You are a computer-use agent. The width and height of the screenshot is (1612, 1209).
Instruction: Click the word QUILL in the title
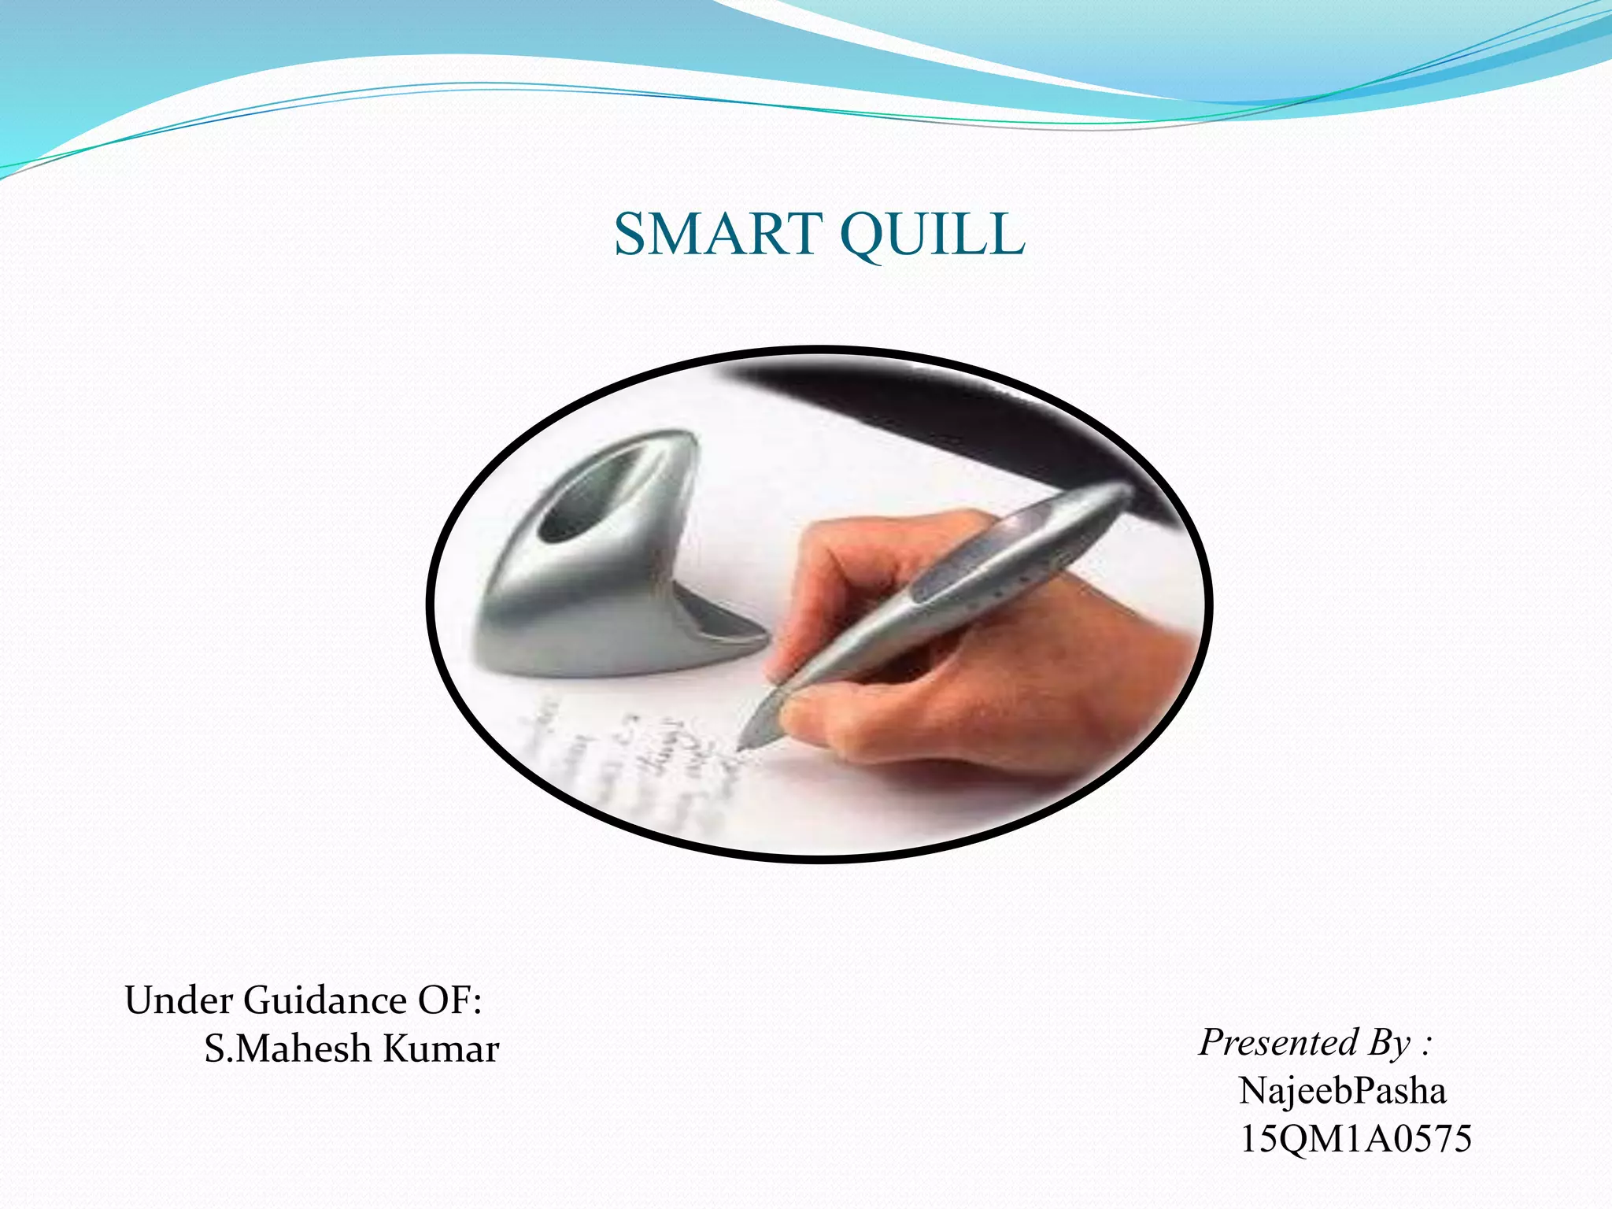[x=933, y=235]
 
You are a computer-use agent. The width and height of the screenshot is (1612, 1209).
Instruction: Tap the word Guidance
[x=324, y=1001]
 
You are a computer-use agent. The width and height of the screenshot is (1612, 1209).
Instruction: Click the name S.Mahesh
[x=287, y=1049]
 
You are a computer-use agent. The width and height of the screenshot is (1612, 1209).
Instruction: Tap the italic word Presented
[x=1279, y=1043]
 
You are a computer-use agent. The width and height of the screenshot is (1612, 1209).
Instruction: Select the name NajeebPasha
[x=1342, y=1091]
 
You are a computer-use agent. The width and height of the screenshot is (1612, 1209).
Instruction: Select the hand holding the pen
[x=984, y=669]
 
